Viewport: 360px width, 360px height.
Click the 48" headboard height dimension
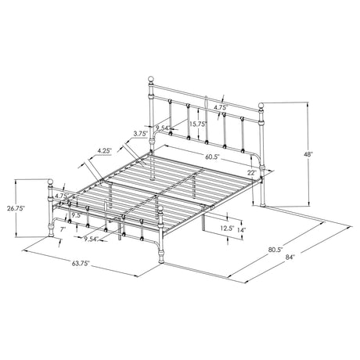[x=310, y=155]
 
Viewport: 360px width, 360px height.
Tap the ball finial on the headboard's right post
[x=263, y=104]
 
